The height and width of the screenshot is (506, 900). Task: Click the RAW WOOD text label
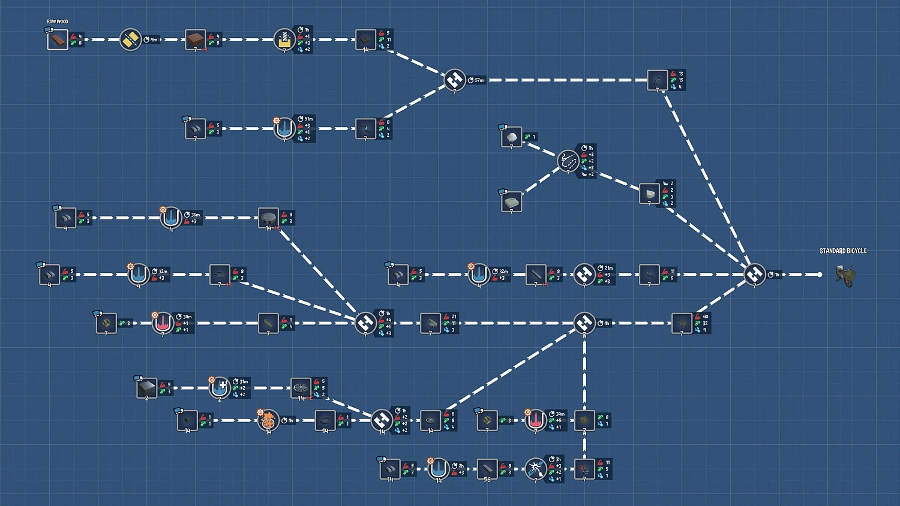pos(58,22)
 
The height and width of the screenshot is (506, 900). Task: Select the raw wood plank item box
pos(58,40)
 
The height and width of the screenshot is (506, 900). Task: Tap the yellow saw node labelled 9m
pos(130,40)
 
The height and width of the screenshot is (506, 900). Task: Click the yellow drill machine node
pos(284,40)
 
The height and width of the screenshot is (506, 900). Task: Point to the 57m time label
pos(479,80)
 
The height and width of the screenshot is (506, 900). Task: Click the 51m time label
pos(308,119)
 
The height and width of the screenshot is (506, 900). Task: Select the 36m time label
pos(195,215)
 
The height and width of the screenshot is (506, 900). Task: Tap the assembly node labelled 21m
pos(584,275)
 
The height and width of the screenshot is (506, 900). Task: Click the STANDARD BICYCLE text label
pos(843,251)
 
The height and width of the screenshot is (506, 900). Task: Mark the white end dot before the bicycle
pos(820,275)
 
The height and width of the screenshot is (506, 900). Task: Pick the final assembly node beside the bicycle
pos(755,275)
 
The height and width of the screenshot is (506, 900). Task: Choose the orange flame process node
pos(268,420)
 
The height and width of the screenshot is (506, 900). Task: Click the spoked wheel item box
pos(301,388)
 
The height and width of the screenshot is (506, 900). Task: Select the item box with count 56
pos(487,469)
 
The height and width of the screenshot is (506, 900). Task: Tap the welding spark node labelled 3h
pos(535,469)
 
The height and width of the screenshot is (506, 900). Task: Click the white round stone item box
pos(512,137)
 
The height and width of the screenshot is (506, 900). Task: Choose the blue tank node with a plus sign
pos(220,388)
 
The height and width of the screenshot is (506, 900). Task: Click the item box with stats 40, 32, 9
pos(682,323)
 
